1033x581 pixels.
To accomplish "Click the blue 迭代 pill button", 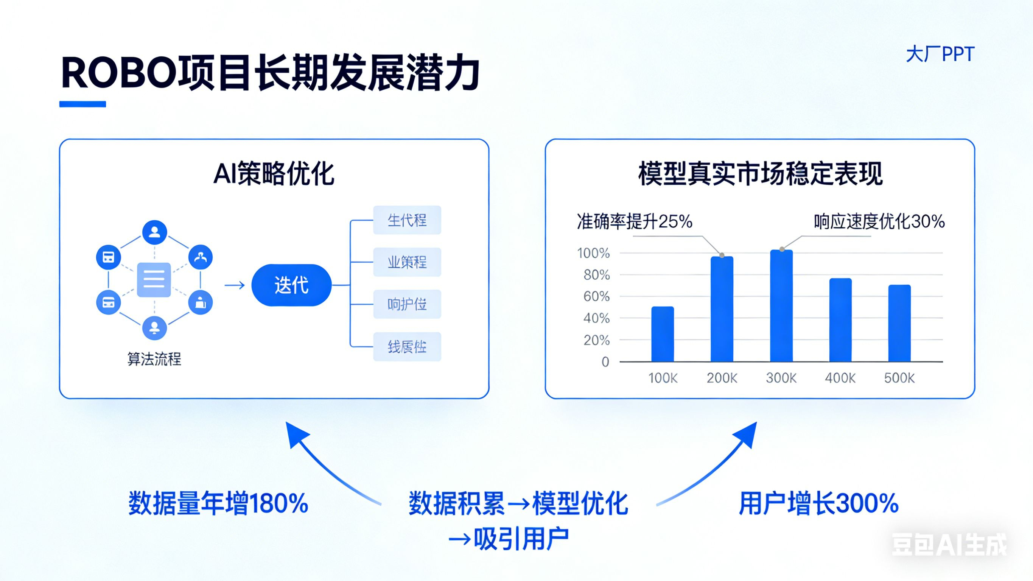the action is [x=291, y=285].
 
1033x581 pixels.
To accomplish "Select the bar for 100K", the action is [x=663, y=334].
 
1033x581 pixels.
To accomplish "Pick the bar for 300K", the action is [x=781, y=306].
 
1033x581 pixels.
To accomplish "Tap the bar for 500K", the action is [x=899, y=323].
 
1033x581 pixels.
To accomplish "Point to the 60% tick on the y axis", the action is [x=596, y=296].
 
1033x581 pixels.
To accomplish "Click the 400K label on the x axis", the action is [x=840, y=378].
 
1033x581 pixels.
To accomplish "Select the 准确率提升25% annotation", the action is [x=635, y=221].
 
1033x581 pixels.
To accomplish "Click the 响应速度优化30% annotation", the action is [x=879, y=221].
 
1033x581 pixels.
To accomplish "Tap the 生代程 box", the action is [x=407, y=220].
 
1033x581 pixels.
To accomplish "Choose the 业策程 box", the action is [x=407, y=262].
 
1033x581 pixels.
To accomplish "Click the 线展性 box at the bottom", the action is [x=407, y=347].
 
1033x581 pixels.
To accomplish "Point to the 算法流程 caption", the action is [x=154, y=359].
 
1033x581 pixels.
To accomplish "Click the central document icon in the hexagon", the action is [x=154, y=280].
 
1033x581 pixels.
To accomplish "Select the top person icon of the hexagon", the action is [x=154, y=232].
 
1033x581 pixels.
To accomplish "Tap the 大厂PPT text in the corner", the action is [x=940, y=55].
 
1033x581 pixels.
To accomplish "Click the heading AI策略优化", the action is [x=274, y=174].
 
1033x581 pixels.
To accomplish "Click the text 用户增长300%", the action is [x=818, y=503].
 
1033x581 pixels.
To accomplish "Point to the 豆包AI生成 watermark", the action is [x=949, y=545].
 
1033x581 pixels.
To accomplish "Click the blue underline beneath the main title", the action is [x=82, y=104].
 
